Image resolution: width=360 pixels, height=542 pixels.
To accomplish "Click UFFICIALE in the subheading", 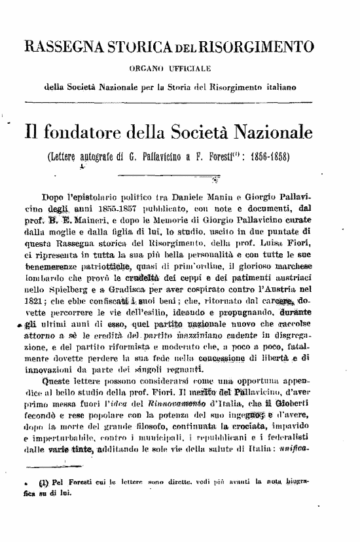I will pos(193,67).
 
